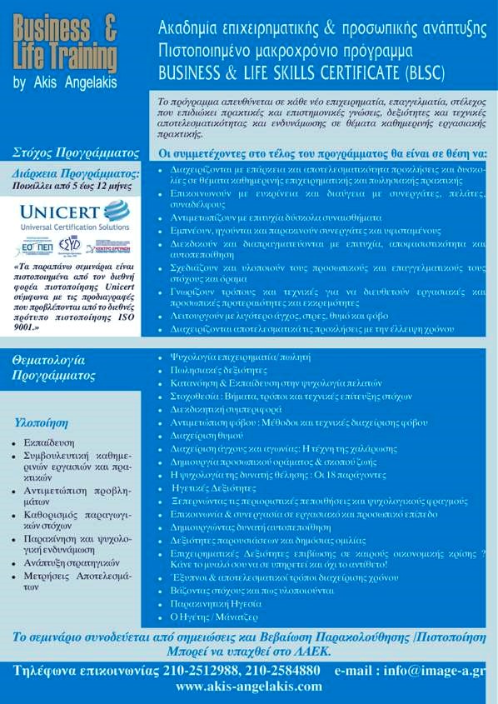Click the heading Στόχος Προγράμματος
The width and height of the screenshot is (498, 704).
76,153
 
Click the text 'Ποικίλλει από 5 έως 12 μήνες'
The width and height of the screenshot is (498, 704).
72,187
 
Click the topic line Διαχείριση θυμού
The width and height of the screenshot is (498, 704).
203,435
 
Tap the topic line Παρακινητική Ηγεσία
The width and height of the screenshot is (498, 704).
215,603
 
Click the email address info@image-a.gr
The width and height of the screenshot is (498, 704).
436,670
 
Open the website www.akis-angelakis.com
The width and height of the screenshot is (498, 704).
248,687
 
